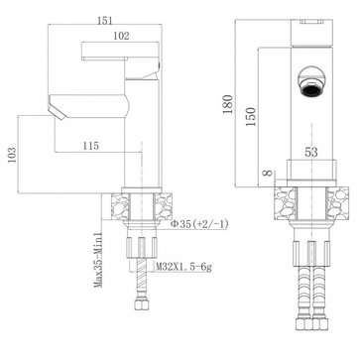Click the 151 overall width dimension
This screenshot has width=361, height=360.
105,20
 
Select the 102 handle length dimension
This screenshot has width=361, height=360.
121,36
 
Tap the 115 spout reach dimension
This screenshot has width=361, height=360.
91,146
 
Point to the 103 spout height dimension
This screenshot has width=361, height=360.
12,155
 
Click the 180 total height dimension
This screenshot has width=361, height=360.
227,104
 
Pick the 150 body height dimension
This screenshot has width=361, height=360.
251,116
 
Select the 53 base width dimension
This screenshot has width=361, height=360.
311,152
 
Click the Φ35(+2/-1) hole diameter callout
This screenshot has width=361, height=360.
199,224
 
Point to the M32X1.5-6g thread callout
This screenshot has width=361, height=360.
183,267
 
